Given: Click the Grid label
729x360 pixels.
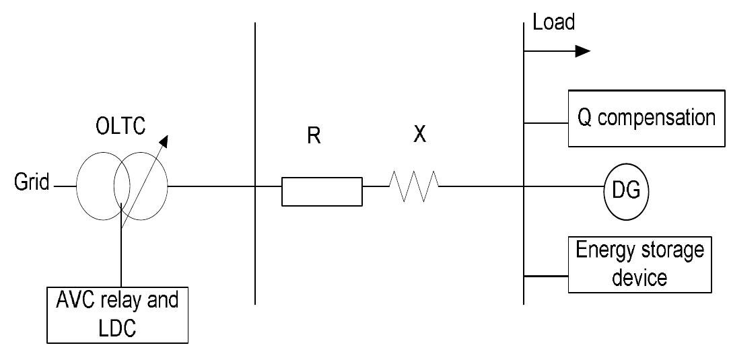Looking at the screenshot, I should point(31,184).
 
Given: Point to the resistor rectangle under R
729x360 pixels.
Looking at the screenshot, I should point(322,191).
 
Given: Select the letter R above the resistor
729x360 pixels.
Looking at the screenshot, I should point(314,135).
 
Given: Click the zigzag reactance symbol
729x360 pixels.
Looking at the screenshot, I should point(413,186).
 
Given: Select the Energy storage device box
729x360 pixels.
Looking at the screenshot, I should point(639,264).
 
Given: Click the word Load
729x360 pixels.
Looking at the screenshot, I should point(553,23).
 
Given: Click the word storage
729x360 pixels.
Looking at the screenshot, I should point(668,252).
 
